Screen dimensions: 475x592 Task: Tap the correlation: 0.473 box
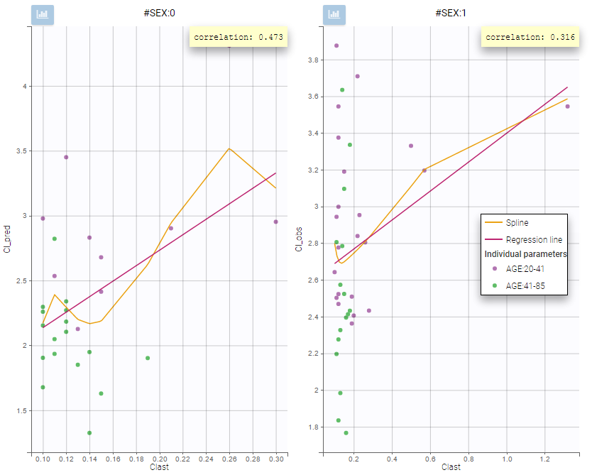239,37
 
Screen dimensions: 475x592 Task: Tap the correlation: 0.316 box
530,37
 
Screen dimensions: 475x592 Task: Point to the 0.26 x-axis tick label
229,461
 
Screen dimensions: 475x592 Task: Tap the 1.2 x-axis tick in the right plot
544,461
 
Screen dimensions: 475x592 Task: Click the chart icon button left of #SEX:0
43,13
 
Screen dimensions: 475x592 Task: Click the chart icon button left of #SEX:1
334,13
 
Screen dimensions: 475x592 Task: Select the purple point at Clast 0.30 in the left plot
275,222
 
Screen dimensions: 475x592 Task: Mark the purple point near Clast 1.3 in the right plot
567,107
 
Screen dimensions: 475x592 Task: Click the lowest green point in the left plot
89,432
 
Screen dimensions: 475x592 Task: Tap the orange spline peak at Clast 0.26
229,148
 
